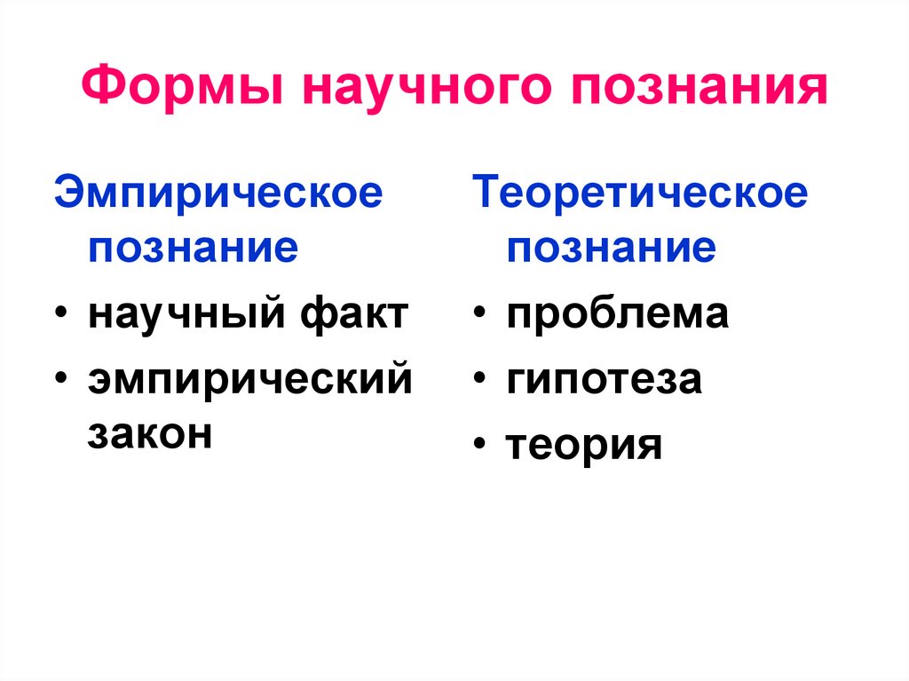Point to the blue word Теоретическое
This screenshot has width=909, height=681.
tap(640, 194)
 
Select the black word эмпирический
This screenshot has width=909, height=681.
tap(249, 380)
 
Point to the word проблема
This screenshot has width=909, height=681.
tap(618, 315)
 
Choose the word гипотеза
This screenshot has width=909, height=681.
tap(605, 380)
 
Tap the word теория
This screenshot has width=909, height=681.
tap(584, 445)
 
